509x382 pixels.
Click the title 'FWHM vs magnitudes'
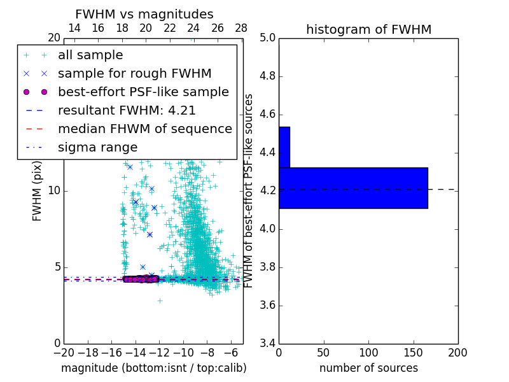pos(144,15)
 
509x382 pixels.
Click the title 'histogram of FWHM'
pos(368,29)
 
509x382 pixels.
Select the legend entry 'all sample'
pos(90,55)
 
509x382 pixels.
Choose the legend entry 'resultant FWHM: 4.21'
pos(127,111)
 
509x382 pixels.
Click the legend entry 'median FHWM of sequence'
pos(145,129)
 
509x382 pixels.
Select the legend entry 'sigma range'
pos(97,148)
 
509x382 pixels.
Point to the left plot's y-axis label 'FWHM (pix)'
pos(38,190)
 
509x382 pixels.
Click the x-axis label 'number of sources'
pos(368,369)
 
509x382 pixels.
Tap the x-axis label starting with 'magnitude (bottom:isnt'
pos(153,369)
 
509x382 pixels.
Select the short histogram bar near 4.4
pos(284,147)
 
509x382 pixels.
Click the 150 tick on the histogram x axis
pos(413,352)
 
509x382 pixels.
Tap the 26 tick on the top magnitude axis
pos(218,29)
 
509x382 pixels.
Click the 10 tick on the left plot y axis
pos(53,191)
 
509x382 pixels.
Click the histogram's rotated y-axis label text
pos(249,190)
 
